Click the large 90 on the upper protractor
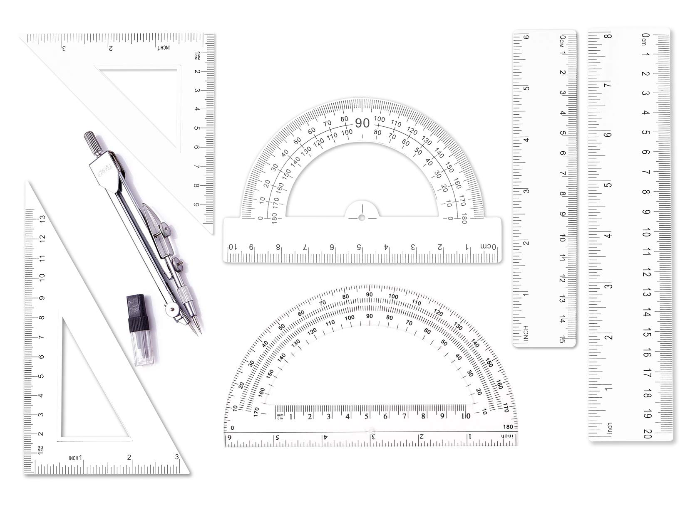click(x=362, y=123)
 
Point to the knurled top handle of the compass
click(x=90, y=140)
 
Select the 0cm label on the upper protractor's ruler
click(x=488, y=246)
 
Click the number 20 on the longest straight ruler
click(x=647, y=434)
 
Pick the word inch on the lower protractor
click(x=507, y=436)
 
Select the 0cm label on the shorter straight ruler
click(x=563, y=40)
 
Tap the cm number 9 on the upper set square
click(x=197, y=204)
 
